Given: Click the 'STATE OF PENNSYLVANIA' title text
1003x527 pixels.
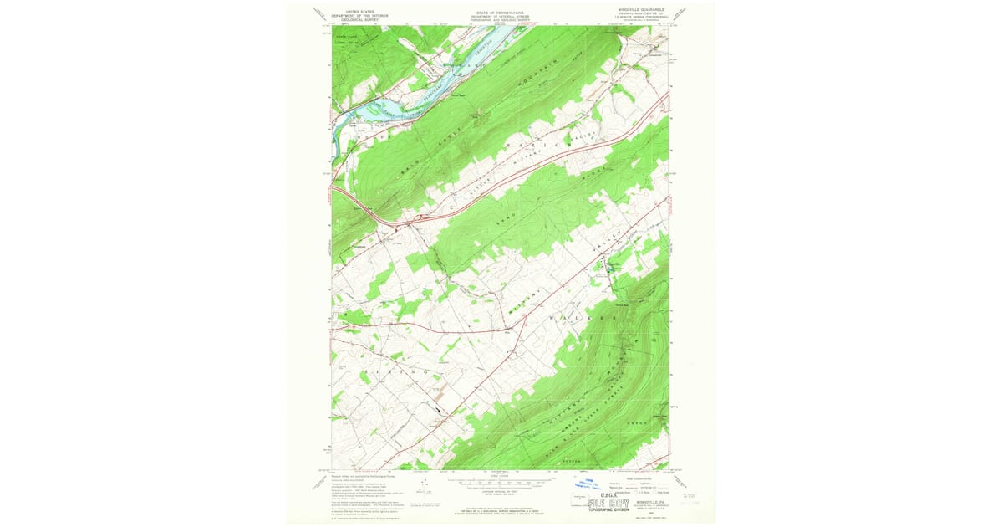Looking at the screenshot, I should point(501,12).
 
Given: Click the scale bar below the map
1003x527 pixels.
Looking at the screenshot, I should point(501,483).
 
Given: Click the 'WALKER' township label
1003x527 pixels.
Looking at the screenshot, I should point(577,319).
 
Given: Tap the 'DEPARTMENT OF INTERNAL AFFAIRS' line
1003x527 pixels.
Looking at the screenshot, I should point(501,16).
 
